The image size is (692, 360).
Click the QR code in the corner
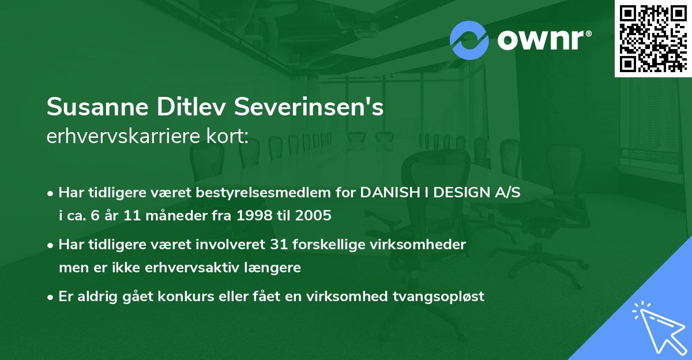coord(653,39)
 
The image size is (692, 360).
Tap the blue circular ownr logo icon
coord(469,40)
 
